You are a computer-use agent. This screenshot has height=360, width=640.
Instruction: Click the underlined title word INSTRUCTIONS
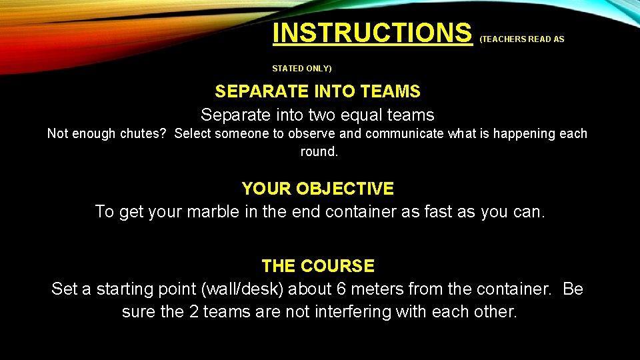[372, 33]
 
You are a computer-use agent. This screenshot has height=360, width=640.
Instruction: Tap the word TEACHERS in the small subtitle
[504, 39]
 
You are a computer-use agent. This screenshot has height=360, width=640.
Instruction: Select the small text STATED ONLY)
[301, 68]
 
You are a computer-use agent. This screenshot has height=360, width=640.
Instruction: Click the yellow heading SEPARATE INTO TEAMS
[317, 91]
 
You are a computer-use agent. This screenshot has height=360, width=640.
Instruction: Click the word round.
[319, 152]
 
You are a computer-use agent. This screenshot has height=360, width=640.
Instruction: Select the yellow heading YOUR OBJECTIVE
[317, 189]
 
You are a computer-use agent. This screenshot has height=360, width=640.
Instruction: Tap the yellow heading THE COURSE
[318, 266]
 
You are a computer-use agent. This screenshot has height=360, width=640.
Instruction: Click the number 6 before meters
[342, 289]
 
